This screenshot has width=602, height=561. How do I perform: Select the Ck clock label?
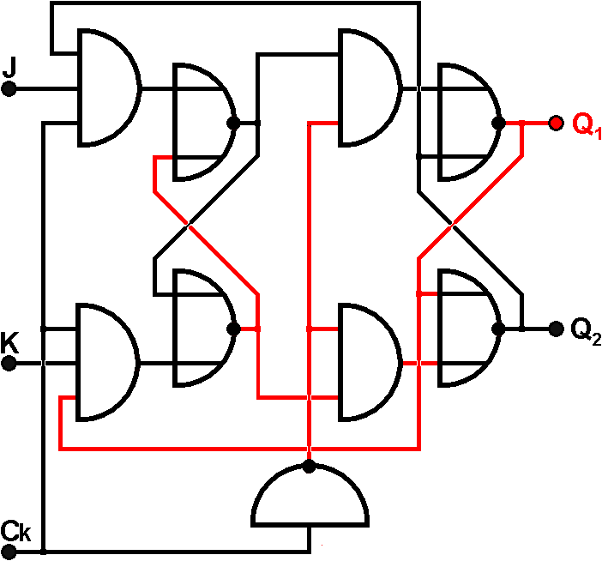[x=15, y=531]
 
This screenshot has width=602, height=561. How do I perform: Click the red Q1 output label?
[x=587, y=126]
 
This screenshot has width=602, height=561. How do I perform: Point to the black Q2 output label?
[x=587, y=329]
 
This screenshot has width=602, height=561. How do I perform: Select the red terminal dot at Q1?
[x=555, y=123]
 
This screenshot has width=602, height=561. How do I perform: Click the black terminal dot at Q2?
[x=555, y=328]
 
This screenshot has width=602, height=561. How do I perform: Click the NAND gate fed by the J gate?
[x=202, y=122]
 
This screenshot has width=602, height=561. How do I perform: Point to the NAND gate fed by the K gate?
[x=202, y=328]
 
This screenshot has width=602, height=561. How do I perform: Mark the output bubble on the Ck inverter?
[x=310, y=467]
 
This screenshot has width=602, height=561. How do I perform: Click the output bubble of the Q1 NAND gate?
[x=497, y=123]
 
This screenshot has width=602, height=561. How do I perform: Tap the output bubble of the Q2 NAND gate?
[x=497, y=328]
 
